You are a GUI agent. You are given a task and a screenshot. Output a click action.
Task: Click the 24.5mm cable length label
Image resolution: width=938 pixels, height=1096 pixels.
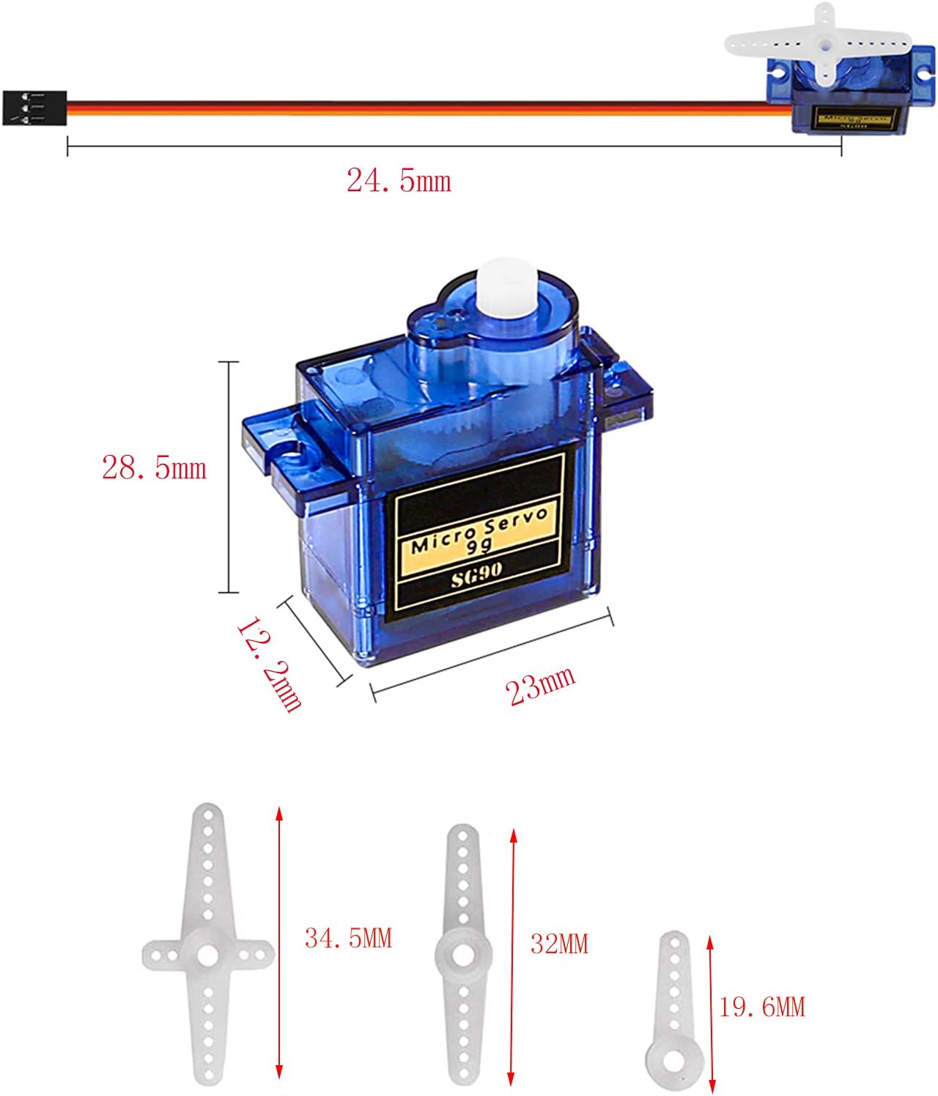click(399, 181)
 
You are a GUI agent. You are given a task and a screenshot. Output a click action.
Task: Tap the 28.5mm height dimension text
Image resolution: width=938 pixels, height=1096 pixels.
click(154, 467)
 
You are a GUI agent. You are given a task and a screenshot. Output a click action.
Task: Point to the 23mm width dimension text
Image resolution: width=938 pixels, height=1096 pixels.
click(541, 686)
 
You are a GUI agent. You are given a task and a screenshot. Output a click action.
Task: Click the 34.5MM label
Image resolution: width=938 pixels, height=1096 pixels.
click(348, 938)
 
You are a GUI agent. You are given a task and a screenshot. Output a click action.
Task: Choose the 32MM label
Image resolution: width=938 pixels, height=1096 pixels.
click(559, 944)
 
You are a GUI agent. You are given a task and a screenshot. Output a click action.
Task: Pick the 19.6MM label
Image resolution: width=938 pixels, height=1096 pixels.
click(761, 1007)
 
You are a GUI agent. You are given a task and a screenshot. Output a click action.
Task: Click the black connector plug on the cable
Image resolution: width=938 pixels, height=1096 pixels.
click(34, 108)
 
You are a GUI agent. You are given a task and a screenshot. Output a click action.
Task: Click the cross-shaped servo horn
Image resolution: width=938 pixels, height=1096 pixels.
click(208, 952)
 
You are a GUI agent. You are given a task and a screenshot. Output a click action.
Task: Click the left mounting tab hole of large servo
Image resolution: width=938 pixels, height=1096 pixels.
click(289, 455)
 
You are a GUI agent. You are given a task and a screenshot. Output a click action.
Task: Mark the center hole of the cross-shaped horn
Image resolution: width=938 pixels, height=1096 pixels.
click(207, 955)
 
